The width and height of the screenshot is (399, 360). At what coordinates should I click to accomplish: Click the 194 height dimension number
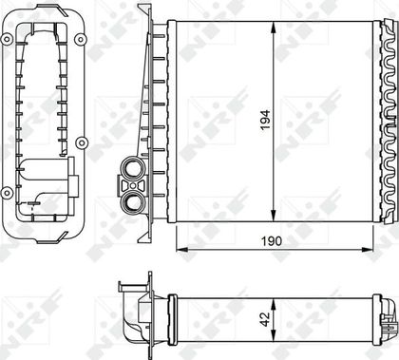click(x=265, y=120)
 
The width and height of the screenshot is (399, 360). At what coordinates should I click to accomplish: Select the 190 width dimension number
click(x=272, y=241)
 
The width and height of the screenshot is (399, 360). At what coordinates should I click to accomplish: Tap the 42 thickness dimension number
click(x=265, y=319)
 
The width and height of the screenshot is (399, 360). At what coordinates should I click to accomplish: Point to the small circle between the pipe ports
click(x=133, y=185)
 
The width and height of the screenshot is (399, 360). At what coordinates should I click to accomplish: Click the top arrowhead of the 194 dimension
click(x=274, y=28)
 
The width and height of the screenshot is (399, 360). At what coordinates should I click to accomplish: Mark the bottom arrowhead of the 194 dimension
click(x=274, y=216)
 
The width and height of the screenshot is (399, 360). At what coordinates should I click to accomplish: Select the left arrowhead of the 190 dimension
click(x=182, y=250)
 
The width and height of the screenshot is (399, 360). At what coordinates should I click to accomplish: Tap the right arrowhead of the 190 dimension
click(x=368, y=250)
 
